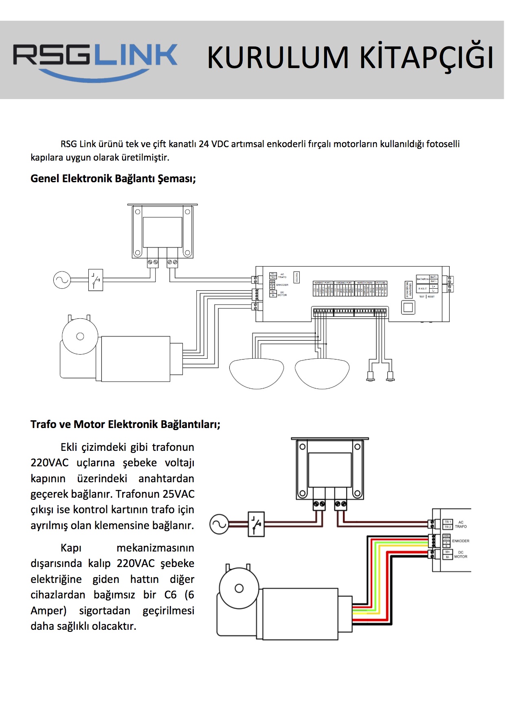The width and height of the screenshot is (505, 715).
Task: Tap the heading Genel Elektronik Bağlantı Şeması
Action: [113, 179]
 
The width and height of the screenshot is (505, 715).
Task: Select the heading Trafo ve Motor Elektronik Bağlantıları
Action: [125, 424]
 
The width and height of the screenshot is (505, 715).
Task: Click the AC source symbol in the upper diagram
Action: [62, 280]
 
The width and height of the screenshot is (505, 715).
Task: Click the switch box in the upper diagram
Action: [96, 280]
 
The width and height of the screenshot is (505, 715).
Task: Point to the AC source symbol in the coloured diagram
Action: [219, 524]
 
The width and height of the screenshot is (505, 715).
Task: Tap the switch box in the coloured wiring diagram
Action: [256, 524]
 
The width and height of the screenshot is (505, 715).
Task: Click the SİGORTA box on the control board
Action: [297, 277]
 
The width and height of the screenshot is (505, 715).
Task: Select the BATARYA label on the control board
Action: [422, 279]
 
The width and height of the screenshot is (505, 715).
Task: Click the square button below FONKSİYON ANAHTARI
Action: [408, 307]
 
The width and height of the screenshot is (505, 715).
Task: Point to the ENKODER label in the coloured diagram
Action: [461, 541]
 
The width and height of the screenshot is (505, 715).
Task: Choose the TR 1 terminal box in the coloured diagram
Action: [448, 522]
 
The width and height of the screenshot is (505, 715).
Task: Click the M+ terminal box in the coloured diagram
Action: [447, 552]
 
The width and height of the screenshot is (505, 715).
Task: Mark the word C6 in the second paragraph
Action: [170, 595]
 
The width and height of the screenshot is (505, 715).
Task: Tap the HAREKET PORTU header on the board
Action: [323, 282]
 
